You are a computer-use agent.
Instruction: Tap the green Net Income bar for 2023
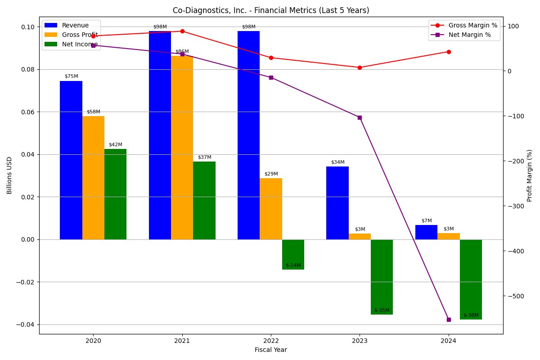(x=382, y=277)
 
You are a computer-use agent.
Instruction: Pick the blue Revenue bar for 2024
(x=426, y=232)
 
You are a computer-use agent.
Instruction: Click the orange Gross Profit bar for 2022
(x=271, y=209)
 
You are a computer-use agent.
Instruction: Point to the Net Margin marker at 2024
(x=449, y=319)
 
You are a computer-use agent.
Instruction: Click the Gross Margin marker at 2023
(x=360, y=67)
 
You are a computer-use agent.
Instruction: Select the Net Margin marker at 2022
(x=271, y=77)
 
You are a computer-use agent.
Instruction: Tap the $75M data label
(x=71, y=76)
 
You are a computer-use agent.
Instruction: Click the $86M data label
(x=182, y=52)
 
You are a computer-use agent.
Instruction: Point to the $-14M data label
(x=293, y=265)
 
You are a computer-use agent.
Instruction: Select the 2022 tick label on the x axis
(x=271, y=341)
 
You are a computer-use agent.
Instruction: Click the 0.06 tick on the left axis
(x=28, y=112)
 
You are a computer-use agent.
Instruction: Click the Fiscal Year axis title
(x=271, y=350)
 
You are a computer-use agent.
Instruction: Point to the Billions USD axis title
(x=10, y=175)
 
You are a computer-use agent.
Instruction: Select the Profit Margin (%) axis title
(x=530, y=175)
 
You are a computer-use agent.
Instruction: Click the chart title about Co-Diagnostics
(x=271, y=10)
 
